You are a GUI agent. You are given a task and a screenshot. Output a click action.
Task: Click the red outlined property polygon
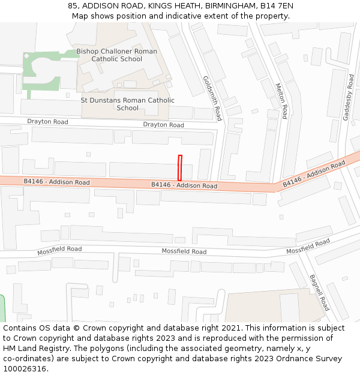point(179,167)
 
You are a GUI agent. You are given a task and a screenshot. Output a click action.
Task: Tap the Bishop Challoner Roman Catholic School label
point(116,55)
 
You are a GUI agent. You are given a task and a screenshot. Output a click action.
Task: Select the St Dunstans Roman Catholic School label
point(127,104)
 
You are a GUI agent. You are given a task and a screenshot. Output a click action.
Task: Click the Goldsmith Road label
point(212,98)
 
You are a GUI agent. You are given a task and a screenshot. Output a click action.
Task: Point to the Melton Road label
point(281,101)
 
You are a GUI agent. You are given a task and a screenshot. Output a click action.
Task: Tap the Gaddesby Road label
point(349,98)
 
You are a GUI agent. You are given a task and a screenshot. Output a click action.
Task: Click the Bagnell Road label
point(319,292)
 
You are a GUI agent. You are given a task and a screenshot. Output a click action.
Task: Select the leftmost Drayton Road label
point(47,121)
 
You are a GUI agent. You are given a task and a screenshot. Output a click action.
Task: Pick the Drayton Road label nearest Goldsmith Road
point(163,125)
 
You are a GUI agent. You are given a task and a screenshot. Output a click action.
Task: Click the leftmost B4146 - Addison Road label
point(56,182)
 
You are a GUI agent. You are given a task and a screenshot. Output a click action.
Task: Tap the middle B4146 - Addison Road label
point(184,185)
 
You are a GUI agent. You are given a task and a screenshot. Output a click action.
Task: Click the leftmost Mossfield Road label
point(59,249)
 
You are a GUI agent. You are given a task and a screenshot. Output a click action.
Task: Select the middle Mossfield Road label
point(184,251)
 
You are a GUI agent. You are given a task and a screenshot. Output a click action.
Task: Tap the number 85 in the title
point(73,5)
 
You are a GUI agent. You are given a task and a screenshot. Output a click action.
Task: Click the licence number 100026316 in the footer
point(25,368)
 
